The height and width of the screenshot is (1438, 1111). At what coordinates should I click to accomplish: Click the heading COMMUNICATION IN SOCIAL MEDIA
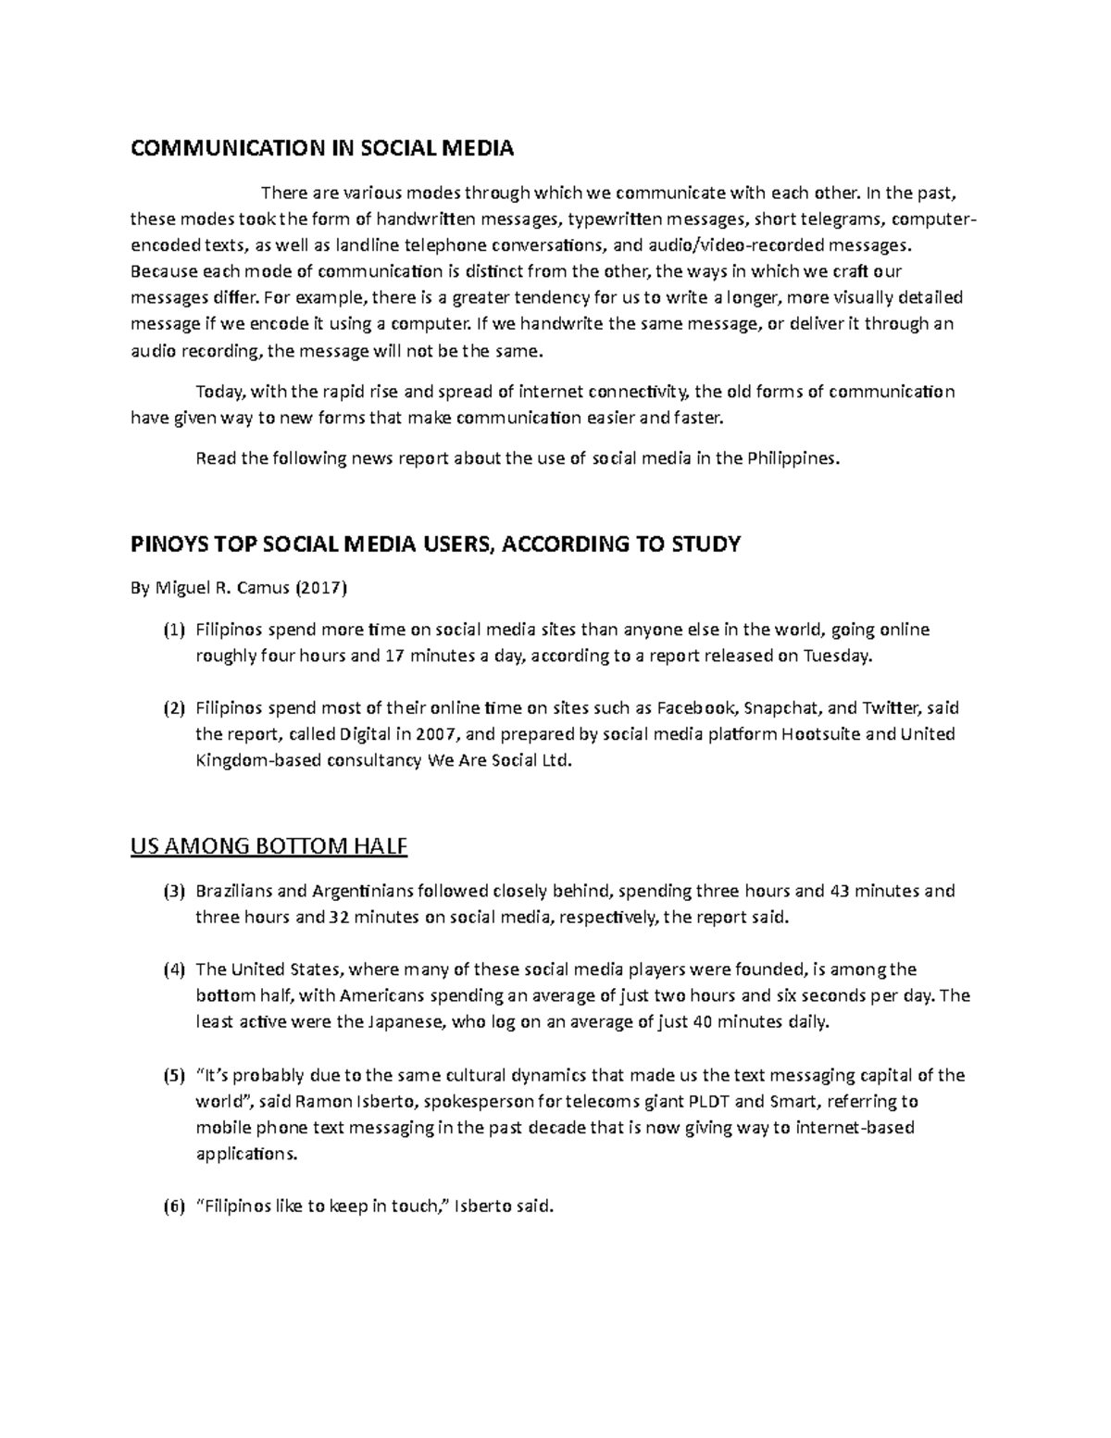click(x=321, y=148)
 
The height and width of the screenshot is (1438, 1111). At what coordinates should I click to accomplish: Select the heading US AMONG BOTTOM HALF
click(x=269, y=846)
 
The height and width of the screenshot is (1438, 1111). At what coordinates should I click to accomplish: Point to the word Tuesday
click(x=837, y=656)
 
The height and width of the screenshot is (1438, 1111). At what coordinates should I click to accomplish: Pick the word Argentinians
click(x=362, y=892)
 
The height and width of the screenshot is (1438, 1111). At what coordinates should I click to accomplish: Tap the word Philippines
click(x=793, y=458)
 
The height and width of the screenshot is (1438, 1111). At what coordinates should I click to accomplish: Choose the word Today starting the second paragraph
click(x=216, y=392)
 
